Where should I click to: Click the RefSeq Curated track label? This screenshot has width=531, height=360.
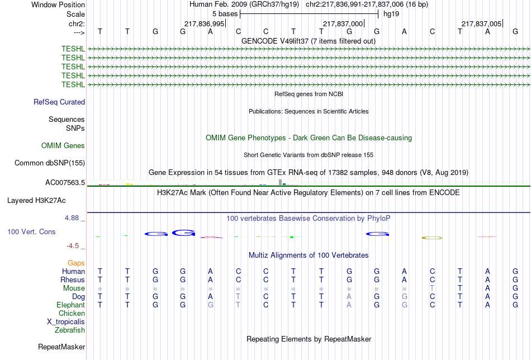pyautogui.click(x=59, y=102)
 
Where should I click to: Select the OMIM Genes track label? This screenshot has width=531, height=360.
pyautogui.click(x=63, y=146)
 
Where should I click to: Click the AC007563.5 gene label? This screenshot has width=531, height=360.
pyautogui.click(x=65, y=183)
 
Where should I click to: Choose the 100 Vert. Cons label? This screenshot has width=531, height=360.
pyautogui.click(x=31, y=231)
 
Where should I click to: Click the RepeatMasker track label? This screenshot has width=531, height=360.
pyautogui.click(x=61, y=347)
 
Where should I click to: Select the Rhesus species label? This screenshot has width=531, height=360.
pyautogui.click(x=73, y=280)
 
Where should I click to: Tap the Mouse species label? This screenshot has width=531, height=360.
pyautogui.click(x=74, y=288)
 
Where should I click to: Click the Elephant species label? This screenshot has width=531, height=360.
pyautogui.click(x=70, y=305)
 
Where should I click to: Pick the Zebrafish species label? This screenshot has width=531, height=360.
pyautogui.click(x=70, y=330)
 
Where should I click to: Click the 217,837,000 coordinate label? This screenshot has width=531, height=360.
pyautogui.click(x=343, y=23)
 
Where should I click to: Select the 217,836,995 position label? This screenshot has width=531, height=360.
pyautogui.click(x=204, y=23)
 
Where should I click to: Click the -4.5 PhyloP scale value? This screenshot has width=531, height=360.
pyautogui.click(x=73, y=246)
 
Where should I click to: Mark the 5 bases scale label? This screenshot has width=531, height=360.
pyautogui.click(x=225, y=13)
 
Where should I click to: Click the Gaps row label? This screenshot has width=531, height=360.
pyautogui.click(x=76, y=263)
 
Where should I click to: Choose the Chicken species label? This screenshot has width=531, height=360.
pyautogui.click(x=72, y=314)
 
